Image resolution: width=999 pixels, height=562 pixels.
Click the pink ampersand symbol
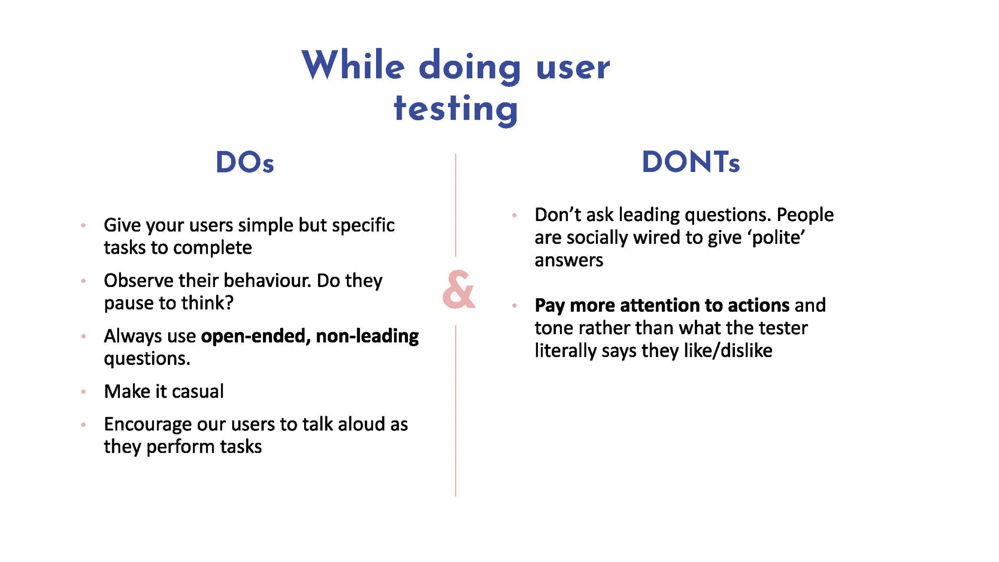click(x=458, y=289)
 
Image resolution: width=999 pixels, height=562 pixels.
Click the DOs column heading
click(x=245, y=162)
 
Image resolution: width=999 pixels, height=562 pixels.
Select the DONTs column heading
click(x=691, y=162)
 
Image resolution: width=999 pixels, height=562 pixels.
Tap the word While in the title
click(x=353, y=65)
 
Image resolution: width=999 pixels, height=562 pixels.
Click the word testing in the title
click(x=456, y=108)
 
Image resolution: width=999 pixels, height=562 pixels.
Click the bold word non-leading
click(x=367, y=336)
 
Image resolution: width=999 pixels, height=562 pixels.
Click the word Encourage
click(x=147, y=424)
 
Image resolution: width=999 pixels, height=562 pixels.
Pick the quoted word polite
click(x=778, y=237)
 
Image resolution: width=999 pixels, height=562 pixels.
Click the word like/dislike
click(x=728, y=351)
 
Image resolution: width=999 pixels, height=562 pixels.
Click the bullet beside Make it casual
click(x=83, y=392)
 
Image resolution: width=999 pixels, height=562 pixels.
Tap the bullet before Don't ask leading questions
click(x=514, y=215)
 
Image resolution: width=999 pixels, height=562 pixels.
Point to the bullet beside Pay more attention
click(x=514, y=306)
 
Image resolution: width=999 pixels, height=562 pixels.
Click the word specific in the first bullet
click(x=363, y=225)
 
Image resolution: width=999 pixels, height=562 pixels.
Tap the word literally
click(x=565, y=351)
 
